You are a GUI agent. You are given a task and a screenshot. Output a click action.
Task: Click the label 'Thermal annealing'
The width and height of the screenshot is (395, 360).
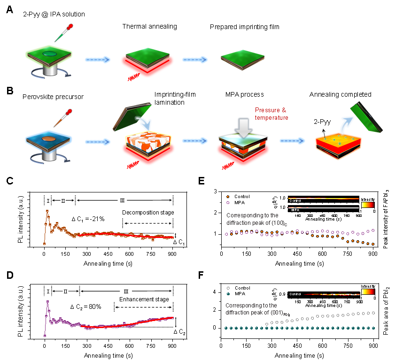(x=150, y=26)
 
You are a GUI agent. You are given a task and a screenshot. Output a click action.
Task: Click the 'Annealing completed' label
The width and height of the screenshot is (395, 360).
(x=340, y=94)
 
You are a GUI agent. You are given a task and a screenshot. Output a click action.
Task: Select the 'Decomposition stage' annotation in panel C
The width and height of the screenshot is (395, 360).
(x=148, y=213)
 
